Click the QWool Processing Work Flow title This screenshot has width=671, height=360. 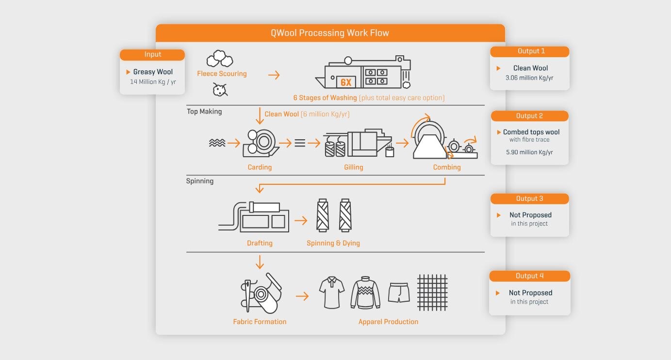330,33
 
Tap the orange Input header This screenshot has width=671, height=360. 152,55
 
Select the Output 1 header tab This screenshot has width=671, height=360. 529,51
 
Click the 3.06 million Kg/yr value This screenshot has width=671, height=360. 529,78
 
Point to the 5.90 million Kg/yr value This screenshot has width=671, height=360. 529,152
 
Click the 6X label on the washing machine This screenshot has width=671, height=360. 346,82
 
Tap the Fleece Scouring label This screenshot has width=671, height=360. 222,74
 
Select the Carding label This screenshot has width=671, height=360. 260,167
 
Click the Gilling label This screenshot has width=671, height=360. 354,167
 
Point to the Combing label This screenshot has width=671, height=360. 447,167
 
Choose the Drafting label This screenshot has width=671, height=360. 260,243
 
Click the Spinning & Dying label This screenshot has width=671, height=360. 333,243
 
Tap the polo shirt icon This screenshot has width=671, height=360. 332,292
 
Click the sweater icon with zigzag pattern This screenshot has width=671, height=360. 365,293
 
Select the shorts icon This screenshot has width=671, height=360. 399,293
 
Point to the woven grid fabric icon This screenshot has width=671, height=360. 432,293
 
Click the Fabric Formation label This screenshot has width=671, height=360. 260,322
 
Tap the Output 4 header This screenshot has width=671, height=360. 529,276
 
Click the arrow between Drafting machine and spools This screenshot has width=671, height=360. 301,221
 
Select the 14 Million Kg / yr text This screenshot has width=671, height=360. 153,82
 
